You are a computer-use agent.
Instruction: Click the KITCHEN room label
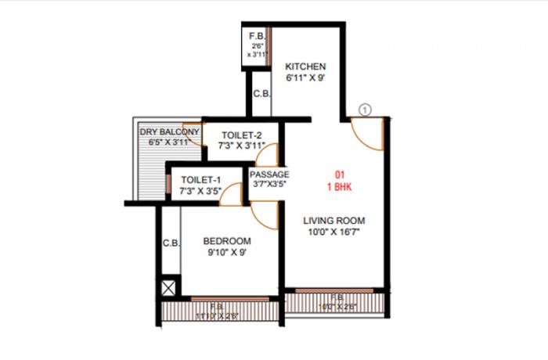(x=305, y=65)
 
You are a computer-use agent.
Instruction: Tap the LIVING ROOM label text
(x=334, y=220)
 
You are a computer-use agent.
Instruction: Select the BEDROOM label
(x=226, y=240)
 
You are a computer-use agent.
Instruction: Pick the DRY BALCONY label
(x=169, y=131)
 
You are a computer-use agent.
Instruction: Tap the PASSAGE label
(x=270, y=175)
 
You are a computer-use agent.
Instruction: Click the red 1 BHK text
(x=341, y=188)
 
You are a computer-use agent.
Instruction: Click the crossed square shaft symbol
(x=168, y=287)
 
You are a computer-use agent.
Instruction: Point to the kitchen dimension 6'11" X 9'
(x=305, y=78)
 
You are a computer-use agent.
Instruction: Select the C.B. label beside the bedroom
(x=171, y=243)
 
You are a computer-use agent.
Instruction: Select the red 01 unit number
(x=341, y=175)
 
